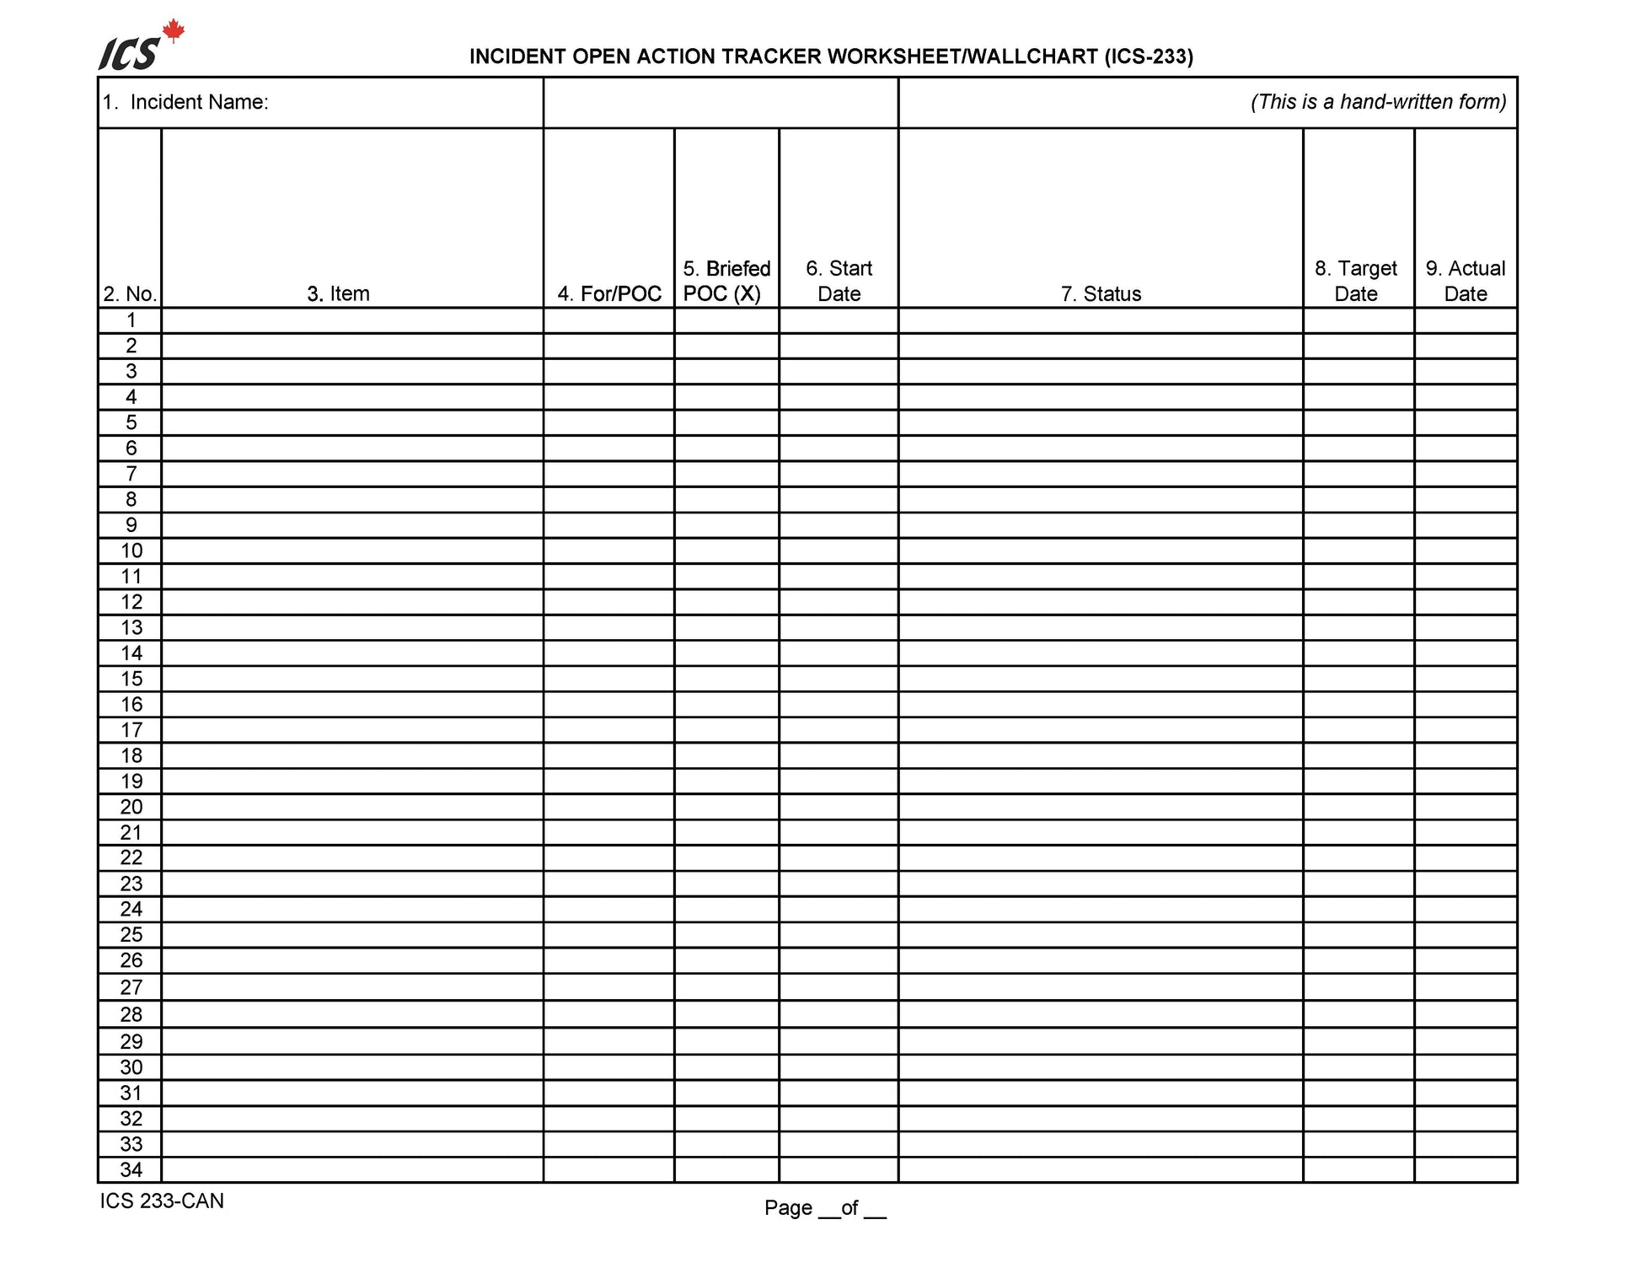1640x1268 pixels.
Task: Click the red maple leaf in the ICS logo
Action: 173,32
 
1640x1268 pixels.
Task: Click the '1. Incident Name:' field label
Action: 185,102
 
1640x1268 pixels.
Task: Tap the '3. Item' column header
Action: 338,293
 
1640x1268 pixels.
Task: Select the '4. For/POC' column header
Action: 609,293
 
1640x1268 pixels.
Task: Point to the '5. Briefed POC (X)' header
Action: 726,281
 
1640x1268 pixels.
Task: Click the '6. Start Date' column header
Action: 839,281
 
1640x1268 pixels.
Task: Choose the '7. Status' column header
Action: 1101,293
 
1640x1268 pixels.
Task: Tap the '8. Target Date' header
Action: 1356,281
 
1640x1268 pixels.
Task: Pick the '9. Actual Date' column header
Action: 1466,281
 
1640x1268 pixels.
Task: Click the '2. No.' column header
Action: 130,293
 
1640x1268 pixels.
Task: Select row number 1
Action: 131,320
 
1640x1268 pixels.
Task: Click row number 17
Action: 131,730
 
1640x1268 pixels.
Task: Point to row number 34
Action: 131,1169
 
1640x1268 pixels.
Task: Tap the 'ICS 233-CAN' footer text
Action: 162,1201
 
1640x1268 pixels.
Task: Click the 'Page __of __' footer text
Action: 825,1207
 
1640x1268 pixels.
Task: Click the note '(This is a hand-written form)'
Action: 1378,102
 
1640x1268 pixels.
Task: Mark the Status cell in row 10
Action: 1101,551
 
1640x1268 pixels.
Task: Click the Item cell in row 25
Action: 352,934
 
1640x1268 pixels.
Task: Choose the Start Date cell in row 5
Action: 839,422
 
